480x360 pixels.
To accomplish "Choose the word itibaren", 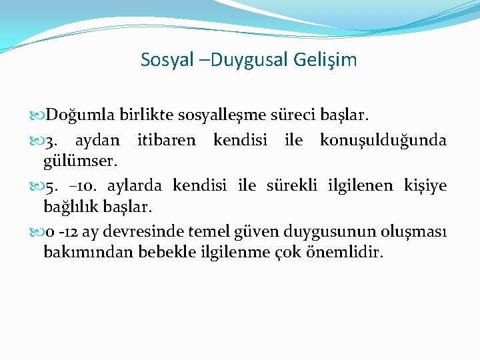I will click(166, 141).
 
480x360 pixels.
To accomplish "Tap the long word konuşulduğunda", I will click(383, 141).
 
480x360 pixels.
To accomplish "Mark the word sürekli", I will click(293, 185).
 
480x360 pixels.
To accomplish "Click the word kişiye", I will click(425, 185).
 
